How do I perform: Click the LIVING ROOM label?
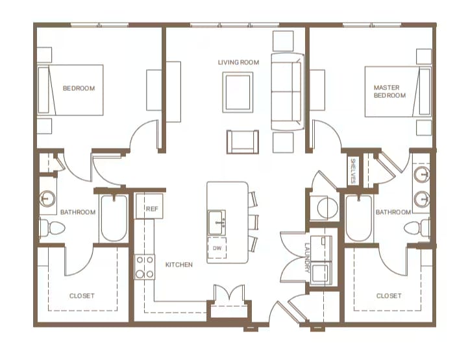(238, 62)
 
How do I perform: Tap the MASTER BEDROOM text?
(389, 91)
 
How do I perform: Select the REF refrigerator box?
(149, 206)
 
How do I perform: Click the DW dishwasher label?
(217, 248)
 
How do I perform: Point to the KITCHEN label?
(179, 265)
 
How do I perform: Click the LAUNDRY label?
(308, 258)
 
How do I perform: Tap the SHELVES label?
(353, 171)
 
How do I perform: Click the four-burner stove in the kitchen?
(145, 267)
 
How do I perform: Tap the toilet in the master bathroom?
(417, 228)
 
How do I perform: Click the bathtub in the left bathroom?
(114, 219)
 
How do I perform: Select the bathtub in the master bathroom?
(359, 218)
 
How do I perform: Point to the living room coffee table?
(238, 92)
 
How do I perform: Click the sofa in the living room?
(287, 91)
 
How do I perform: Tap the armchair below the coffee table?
(243, 142)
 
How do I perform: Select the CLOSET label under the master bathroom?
(389, 296)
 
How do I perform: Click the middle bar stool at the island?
(253, 222)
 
